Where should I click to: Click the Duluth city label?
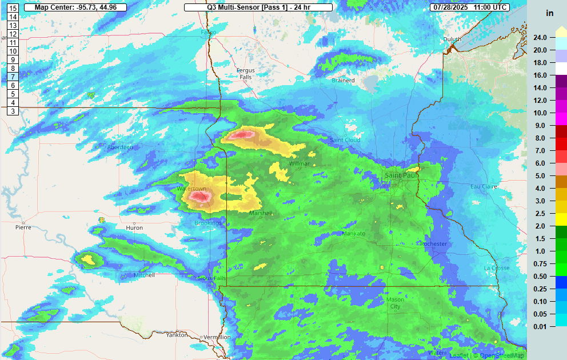pyautogui.click(x=452, y=39)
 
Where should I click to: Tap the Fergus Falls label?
pyautogui.click(x=246, y=74)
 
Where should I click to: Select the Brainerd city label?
pyautogui.click(x=344, y=81)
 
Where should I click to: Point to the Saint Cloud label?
pyautogui.click(x=345, y=140)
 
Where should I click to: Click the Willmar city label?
pyautogui.click(x=300, y=163)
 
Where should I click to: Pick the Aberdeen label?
pyautogui.click(x=120, y=147)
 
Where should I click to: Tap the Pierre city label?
pyautogui.click(x=23, y=227)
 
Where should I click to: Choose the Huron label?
pyautogui.click(x=134, y=227)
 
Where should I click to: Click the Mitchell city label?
pyautogui.click(x=144, y=275)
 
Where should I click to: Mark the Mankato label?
pyautogui.click(x=353, y=234)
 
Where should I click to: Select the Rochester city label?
pyautogui.click(x=434, y=244)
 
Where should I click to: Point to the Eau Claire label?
pyautogui.click(x=484, y=187)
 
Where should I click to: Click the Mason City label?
pyautogui.click(x=395, y=303)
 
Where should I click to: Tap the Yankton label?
pyautogui.click(x=176, y=335)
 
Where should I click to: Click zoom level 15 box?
pyautogui.click(x=13, y=8)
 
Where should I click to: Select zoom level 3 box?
pyautogui.click(x=13, y=111)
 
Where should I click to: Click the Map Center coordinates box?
pyautogui.click(x=75, y=7)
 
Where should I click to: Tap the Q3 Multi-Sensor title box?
pyautogui.click(x=258, y=7)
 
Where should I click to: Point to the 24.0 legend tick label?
pyautogui.click(x=540, y=38)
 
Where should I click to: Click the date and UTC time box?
pyautogui.click(x=478, y=7)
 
